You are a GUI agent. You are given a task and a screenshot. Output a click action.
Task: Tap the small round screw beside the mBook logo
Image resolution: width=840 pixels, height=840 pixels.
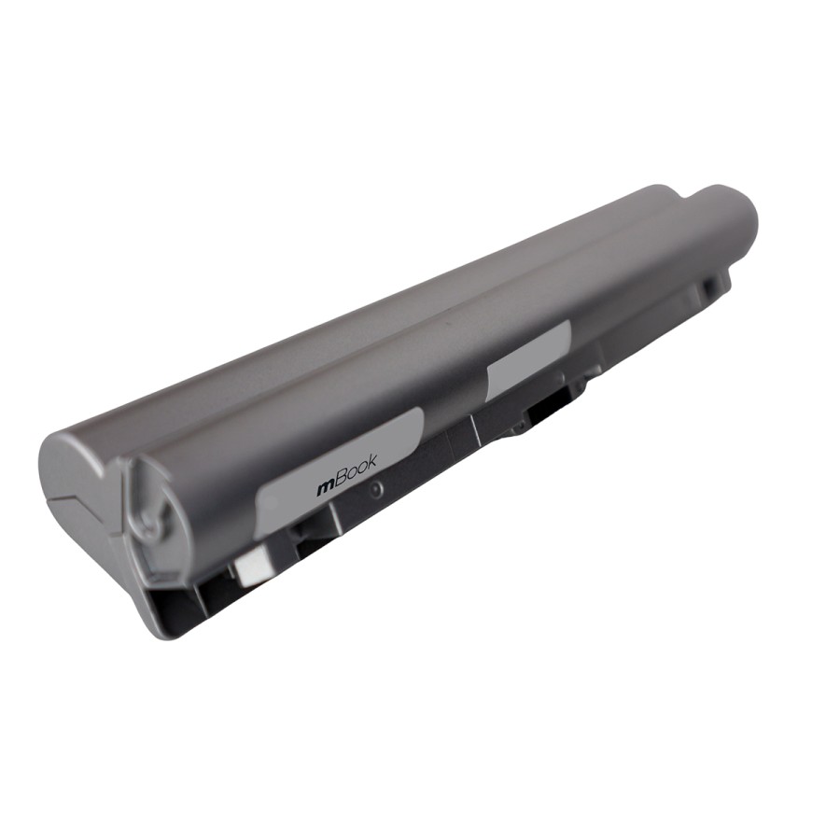376,489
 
